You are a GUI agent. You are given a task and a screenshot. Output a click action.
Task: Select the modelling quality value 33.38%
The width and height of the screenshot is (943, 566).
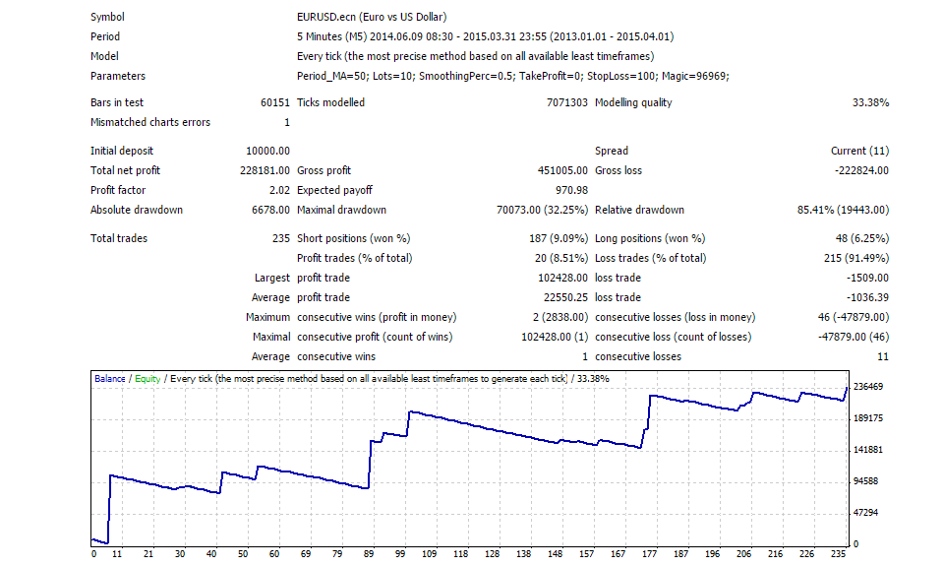coord(869,102)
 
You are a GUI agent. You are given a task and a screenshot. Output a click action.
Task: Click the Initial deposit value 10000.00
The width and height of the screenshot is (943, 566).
coord(267,151)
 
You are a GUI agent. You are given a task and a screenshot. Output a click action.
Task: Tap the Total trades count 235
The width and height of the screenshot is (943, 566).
coord(280,238)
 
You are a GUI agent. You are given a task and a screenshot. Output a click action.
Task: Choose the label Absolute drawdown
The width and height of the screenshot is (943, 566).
coord(136,210)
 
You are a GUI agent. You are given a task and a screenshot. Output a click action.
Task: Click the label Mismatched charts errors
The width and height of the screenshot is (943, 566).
coord(149,122)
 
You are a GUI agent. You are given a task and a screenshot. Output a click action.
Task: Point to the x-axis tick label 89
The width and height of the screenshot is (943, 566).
coord(370,554)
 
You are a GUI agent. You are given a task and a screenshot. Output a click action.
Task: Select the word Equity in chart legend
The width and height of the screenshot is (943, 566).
coord(147,378)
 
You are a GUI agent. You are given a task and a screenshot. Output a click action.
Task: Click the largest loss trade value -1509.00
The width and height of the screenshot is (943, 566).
coord(866,278)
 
